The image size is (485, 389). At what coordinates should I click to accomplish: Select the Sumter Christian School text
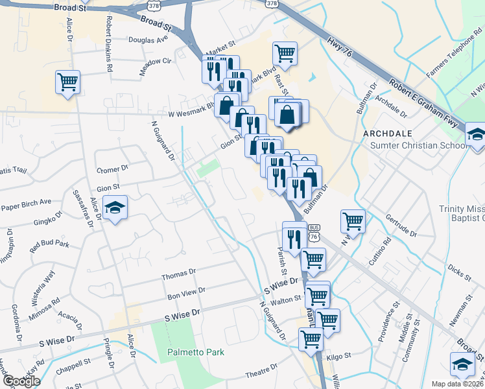(418, 145)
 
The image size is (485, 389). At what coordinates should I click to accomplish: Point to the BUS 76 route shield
(314, 234)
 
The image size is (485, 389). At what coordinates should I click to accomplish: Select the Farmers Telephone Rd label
(452, 62)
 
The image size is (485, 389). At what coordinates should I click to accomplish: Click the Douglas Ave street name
(148, 40)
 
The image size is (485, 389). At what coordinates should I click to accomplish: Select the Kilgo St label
(338, 356)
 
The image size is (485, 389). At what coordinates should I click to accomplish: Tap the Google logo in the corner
(21, 381)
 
